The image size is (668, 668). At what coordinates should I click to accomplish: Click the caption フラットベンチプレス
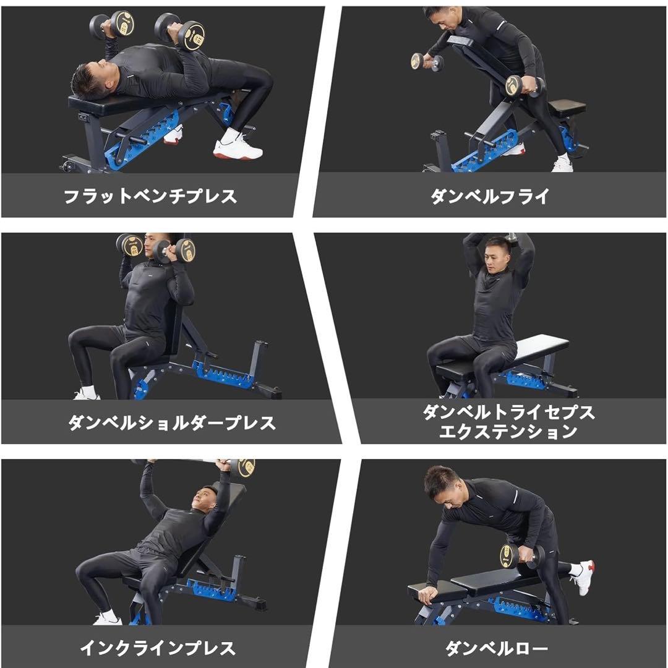[x=150, y=197]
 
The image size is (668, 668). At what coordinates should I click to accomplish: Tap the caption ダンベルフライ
[x=490, y=197]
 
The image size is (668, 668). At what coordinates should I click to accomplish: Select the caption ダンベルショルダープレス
[x=171, y=423]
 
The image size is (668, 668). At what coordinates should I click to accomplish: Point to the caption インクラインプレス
[x=158, y=648]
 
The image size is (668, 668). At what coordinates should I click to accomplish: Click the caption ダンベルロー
[x=497, y=649]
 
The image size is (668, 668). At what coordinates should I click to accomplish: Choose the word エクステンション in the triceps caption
[x=508, y=432]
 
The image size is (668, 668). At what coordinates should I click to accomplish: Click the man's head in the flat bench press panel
[x=90, y=82]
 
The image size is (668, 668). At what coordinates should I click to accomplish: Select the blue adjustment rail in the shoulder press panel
[x=223, y=375]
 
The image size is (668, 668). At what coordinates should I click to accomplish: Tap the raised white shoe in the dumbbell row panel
[x=583, y=576]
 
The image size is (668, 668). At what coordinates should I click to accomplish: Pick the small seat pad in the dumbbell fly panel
[x=566, y=107]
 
